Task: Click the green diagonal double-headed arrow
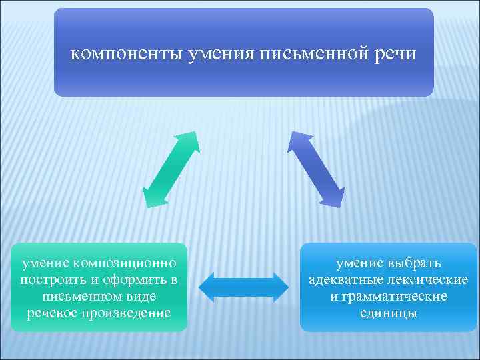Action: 171,170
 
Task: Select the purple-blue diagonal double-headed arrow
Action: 317,169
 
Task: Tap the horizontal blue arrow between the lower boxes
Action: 244,287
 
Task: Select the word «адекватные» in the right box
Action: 348,279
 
